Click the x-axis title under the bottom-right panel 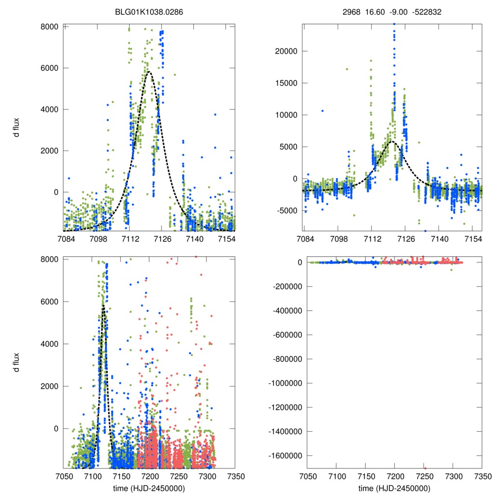394,488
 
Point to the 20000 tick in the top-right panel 287,51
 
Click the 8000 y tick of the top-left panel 48,27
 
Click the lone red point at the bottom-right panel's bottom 425,468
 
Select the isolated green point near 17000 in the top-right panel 346,69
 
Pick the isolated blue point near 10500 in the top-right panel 322,111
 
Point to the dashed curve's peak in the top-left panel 149,72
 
